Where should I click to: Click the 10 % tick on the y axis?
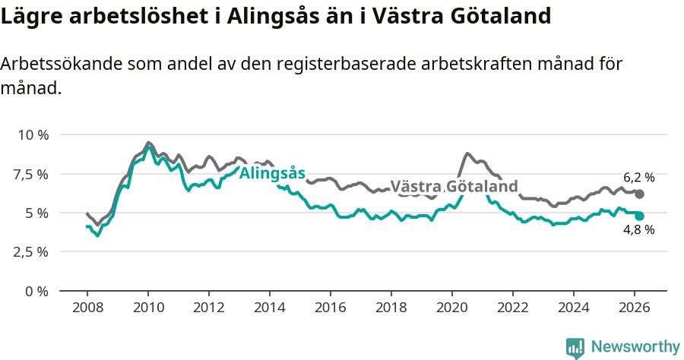[32, 135]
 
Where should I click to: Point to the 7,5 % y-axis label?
[32, 174]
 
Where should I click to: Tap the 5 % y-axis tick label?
[36, 213]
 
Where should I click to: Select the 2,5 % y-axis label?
[32, 251]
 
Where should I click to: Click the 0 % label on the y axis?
[36, 291]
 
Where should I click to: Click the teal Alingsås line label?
[272, 173]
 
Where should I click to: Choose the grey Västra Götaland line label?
[454, 187]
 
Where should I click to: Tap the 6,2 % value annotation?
[638, 178]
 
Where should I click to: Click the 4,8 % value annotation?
[638, 229]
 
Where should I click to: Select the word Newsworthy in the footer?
[635, 347]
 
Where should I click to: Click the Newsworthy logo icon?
[575, 348]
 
